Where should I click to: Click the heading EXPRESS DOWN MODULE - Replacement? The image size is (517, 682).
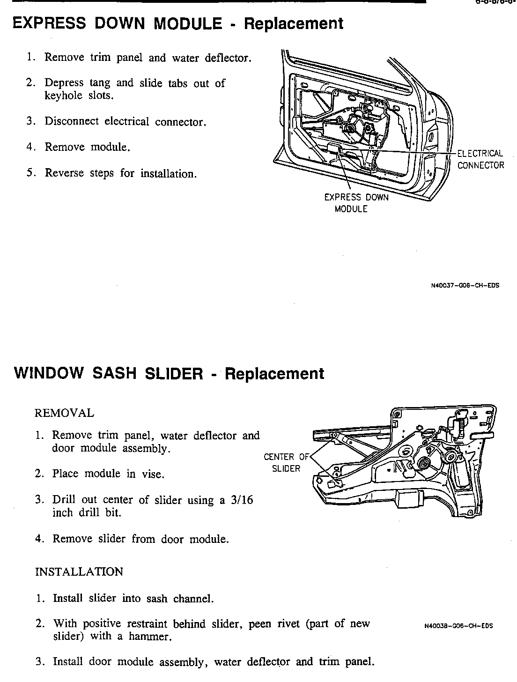click(178, 23)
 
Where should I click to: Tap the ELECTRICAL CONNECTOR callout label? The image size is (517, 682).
click(480, 159)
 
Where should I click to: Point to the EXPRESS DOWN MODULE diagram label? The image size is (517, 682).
click(356, 203)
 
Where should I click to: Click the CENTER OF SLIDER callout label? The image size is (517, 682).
click(286, 462)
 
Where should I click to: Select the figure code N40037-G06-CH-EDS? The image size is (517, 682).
click(465, 285)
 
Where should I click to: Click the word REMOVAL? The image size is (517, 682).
click(65, 413)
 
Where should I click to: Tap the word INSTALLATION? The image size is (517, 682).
click(79, 572)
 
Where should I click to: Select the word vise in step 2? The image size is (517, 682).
click(153, 474)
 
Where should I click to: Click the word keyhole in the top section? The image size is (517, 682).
click(63, 96)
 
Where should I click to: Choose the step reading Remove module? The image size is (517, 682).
click(87, 147)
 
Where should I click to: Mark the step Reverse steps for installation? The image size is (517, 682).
click(120, 173)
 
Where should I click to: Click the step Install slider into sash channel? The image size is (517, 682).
click(133, 598)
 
